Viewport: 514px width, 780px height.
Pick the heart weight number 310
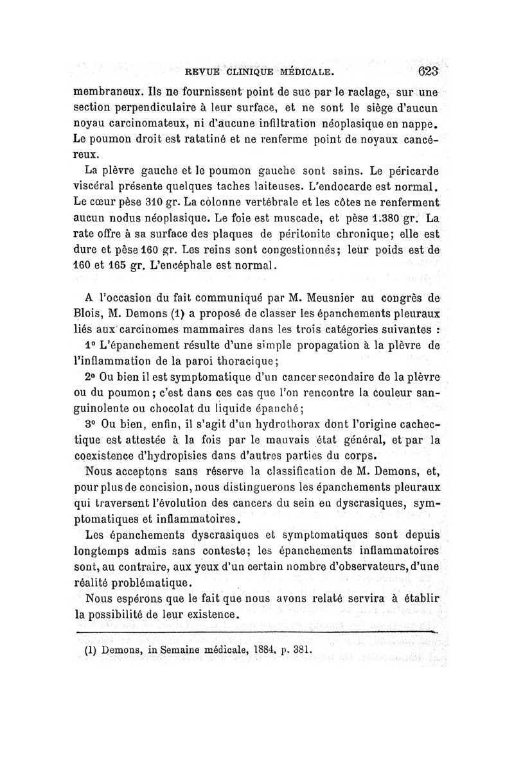(x=157, y=204)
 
